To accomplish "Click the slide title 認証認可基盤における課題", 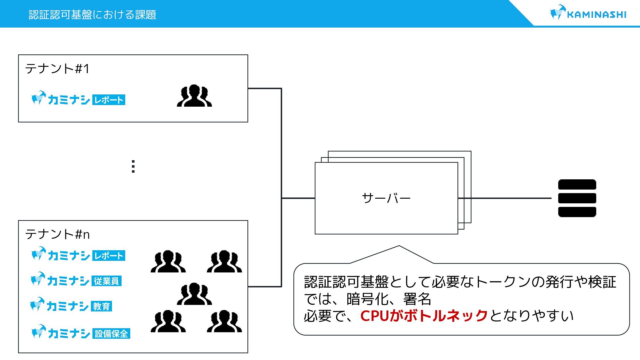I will point(92,15).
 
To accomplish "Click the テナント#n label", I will point(57,234).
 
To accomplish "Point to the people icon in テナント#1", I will point(194,96).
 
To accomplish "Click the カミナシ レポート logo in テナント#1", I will point(78,99).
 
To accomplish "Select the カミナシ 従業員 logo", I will point(76,280).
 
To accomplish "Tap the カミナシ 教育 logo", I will point(71,305).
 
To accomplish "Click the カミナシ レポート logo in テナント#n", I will point(78,255).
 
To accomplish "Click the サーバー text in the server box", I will point(386,198).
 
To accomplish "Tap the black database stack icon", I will point(577,198).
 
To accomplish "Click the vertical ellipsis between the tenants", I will point(133,166).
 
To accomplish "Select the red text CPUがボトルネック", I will point(424,316).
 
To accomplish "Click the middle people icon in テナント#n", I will point(194,294).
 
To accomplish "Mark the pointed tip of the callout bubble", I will point(399,246).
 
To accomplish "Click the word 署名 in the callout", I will point(417,299).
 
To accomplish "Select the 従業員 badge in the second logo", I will point(106,281).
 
